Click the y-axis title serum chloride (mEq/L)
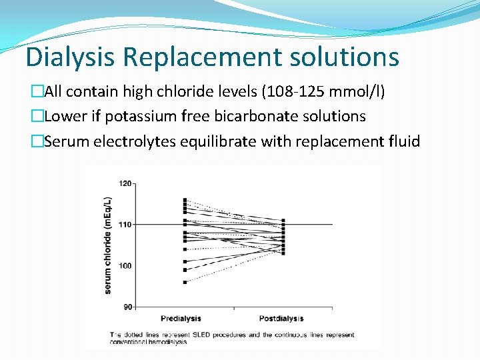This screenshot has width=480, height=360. click(x=108, y=245)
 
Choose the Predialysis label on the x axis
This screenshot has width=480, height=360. click(x=181, y=319)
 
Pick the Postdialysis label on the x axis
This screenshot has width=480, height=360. click(x=282, y=319)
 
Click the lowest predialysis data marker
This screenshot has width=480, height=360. click(x=185, y=282)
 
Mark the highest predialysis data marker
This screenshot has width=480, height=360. click(x=185, y=199)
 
